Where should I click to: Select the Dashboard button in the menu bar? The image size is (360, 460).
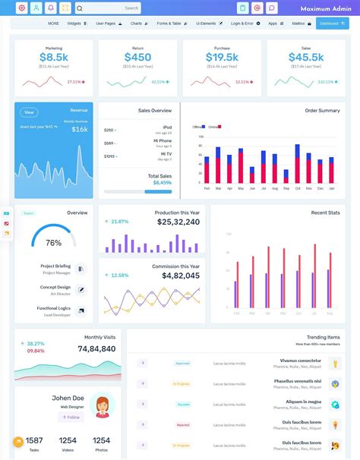point(330,24)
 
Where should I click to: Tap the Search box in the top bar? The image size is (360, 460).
point(109,8)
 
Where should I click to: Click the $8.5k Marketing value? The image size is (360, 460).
point(53,57)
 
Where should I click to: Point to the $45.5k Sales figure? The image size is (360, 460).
point(305,57)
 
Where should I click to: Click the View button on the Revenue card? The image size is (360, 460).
point(29,112)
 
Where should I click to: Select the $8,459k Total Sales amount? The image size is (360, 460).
point(162,182)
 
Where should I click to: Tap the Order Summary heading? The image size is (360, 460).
point(322,111)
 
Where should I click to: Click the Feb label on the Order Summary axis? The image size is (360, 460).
point(207,187)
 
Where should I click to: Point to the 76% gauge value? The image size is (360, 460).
point(53,243)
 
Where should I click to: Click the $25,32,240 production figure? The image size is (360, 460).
point(178,222)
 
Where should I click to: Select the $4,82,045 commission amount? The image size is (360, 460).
point(181,276)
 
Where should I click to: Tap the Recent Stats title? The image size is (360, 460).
point(325,213)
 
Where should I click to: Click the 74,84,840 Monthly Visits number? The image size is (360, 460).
point(96,348)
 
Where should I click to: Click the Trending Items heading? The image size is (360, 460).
point(323,337)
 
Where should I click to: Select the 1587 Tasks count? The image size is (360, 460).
point(34,440)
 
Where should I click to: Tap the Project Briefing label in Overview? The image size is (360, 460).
point(55,266)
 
